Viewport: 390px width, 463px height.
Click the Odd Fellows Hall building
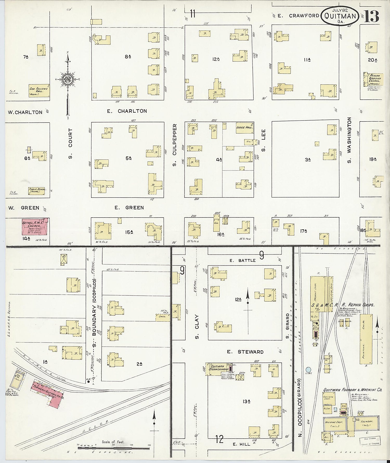[x=39, y=91]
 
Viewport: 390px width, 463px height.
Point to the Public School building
[x=36, y=191]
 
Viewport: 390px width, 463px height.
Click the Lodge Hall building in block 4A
[x=244, y=128]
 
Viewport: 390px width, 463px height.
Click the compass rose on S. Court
[x=68, y=79]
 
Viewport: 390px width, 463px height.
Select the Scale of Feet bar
[x=114, y=448]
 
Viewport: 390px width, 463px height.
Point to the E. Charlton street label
[x=127, y=111]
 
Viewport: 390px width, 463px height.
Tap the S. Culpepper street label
[x=174, y=145]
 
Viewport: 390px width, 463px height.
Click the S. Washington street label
[x=349, y=140]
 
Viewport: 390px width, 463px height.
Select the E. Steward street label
[x=245, y=352]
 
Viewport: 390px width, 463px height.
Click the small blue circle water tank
[x=308, y=369]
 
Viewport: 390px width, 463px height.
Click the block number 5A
[x=128, y=158]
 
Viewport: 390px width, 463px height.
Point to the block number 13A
[x=246, y=402]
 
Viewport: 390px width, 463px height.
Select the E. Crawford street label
[x=298, y=16]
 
